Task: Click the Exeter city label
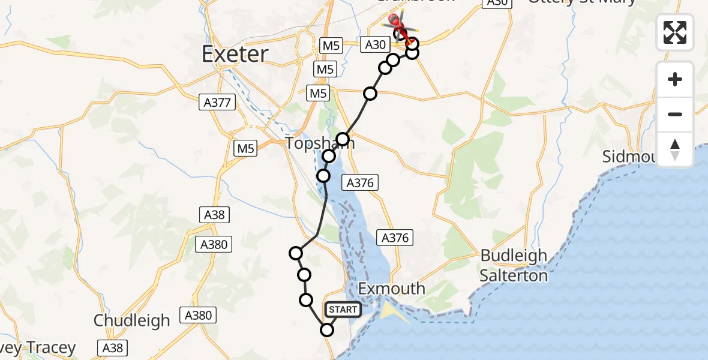(x=235, y=55)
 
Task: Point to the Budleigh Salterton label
(x=514, y=265)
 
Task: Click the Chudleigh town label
(x=131, y=320)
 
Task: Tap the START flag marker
(x=343, y=310)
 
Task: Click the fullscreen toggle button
(x=675, y=32)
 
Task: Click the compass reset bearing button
(x=675, y=149)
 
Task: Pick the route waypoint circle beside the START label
(x=327, y=329)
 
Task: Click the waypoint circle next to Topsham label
(x=343, y=140)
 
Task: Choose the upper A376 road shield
(x=360, y=183)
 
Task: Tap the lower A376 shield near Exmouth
(x=395, y=238)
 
